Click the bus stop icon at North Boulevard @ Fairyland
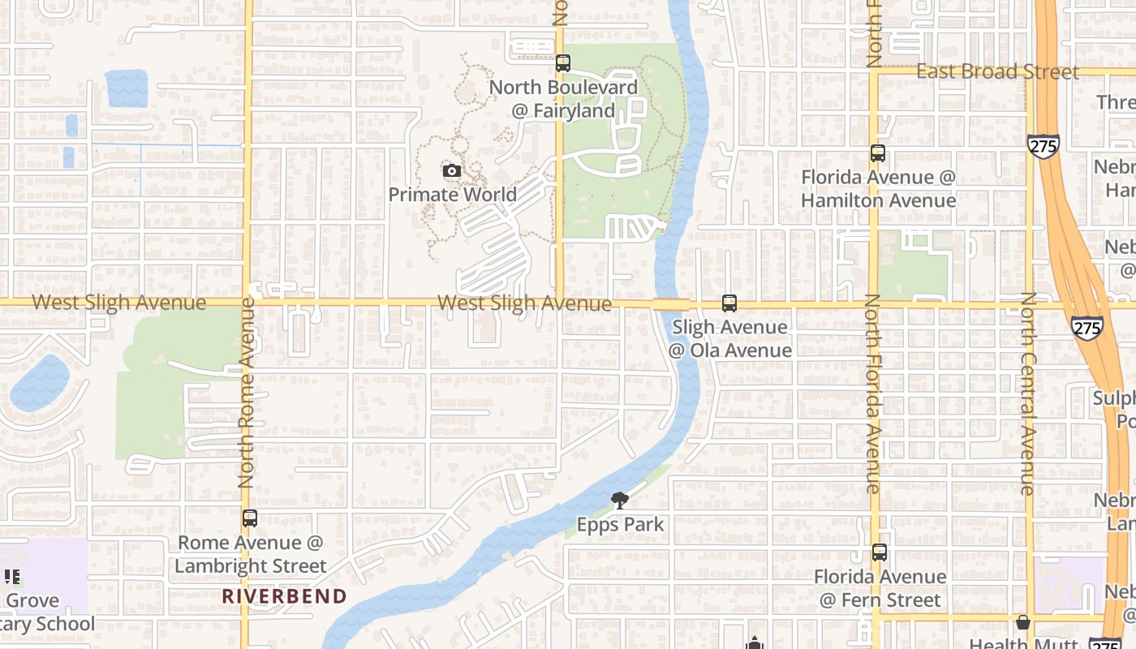pos(563,62)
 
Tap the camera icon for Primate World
pos(452,170)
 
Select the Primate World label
pos(452,195)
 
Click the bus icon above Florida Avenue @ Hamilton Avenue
pos(877,153)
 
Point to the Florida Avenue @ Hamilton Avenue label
pos(878,188)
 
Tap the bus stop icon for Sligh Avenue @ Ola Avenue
pos(729,303)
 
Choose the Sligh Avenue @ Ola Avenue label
pos(729,338)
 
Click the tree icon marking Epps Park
pos(620,501)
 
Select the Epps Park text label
pos(620,525)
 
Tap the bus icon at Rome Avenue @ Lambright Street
pos(250,518)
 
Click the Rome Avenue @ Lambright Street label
pos(250,554)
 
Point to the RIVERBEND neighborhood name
pos(284,596)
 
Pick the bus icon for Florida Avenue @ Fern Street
pos(880,552)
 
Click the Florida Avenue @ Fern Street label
pos(880,588)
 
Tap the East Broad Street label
pos(997,71)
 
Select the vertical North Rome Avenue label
pos(247,393)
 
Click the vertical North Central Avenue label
pos(1028,393)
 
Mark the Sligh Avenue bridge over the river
pos(671,304)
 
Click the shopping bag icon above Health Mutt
pos(1022,622)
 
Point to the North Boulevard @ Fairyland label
pos(563,98)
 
